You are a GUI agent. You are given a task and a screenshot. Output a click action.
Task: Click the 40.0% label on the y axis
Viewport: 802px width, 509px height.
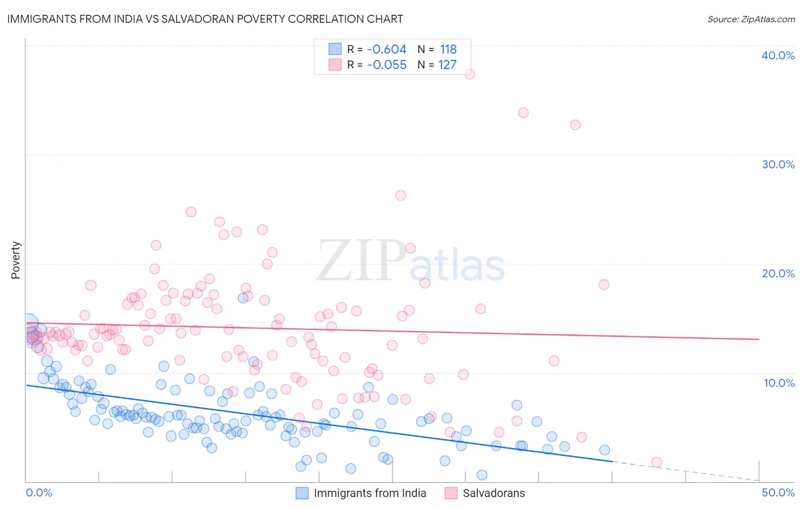coord(778,55)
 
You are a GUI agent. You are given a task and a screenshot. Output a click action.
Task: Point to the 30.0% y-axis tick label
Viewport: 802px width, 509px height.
coord(778,164)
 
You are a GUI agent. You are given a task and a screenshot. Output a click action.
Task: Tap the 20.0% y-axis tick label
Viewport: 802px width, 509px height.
coord(778,273)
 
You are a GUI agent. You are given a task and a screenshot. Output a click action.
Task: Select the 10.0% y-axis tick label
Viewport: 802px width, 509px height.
coord(779,383)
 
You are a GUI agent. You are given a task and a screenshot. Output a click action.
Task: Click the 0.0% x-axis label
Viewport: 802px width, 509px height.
coord(39,492)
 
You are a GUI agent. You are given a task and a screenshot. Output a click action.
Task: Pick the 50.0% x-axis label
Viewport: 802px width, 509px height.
coord(778,492)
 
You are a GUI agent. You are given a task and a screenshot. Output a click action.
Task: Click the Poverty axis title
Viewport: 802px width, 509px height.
coord(15,260)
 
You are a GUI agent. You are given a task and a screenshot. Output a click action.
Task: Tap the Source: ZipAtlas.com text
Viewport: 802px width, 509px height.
coord(751,19)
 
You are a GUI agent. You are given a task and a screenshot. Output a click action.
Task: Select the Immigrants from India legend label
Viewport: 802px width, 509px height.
coord(370,493)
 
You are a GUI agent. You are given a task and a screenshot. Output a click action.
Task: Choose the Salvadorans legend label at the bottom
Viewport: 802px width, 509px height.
coord(493,493)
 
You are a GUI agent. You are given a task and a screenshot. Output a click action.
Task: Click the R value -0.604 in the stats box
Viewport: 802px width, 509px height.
coord(387,50)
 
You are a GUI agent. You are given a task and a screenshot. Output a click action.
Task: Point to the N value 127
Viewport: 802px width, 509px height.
coord(447,64)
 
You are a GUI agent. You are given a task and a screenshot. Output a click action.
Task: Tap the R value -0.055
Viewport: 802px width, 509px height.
coord(387,64)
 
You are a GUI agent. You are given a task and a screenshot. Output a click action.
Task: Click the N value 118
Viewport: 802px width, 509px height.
coord(448,50)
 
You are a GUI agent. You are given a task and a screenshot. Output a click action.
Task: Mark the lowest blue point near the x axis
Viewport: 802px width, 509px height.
coord(482,475)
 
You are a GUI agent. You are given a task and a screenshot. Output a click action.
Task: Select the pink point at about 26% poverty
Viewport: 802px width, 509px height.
coord(400,195)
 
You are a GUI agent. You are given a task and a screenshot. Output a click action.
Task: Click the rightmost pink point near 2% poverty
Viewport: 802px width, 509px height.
coord(657,462)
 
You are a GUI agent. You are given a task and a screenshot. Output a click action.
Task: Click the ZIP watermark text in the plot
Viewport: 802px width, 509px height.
coord(361,261)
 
